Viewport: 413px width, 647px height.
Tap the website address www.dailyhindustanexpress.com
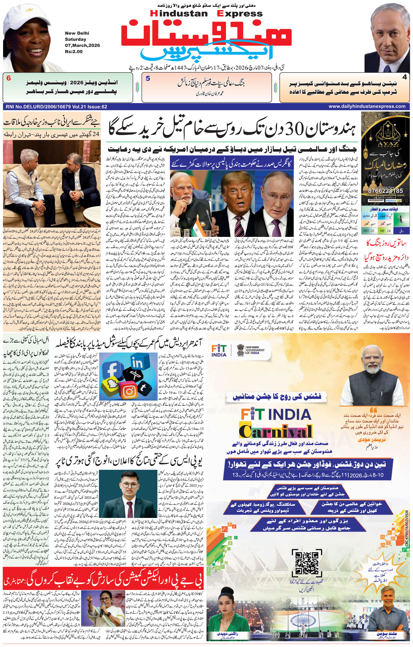tap(367, 106)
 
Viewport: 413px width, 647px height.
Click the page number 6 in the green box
tap(9, 78)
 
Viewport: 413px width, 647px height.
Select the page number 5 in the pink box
tap(148, 78)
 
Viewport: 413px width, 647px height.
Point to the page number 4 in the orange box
tap(405, 77)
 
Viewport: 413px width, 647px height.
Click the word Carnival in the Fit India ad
tap(275, 432)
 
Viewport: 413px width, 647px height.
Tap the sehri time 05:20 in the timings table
tap(369, 230)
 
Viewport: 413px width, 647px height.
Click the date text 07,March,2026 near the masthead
tap(82, 45)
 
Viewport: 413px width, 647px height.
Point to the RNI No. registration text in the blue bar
tap(56, 107)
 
